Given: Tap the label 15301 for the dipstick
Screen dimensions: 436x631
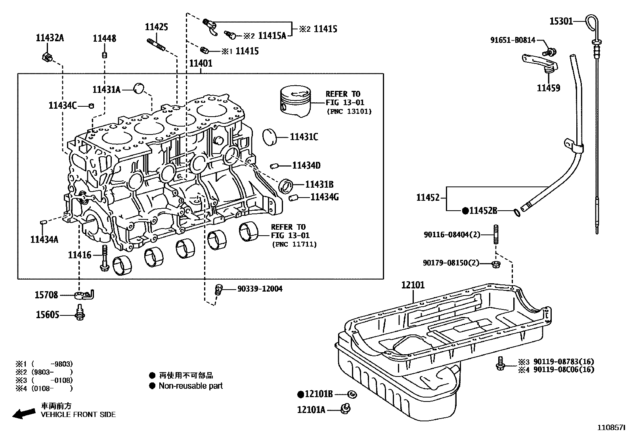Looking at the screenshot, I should pyautogui.click(x=561, y=21).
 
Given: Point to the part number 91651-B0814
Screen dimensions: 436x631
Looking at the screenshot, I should pyautogui.click(x=512, y=40).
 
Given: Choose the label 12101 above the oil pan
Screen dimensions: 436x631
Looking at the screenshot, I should pyautogui.click(x=413, y=285).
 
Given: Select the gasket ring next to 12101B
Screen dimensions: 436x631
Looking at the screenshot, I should pyautogui.click(x=352, y=394).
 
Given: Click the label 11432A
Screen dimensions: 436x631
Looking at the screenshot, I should pyautogui.click(x=50, y=38).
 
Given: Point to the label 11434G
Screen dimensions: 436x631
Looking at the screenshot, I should pyautogui.click(x=324, y=197).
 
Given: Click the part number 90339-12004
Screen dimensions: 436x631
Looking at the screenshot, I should pyautogui.click(x=260, y=289).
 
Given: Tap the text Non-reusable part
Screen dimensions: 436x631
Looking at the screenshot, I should pyautogui.click(x=190, y=386).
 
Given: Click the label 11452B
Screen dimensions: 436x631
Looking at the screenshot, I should pyautogui.click(x=483, y=211).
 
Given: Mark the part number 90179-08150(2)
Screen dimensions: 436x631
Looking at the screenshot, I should pyautogui.click(x=451, y=263).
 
